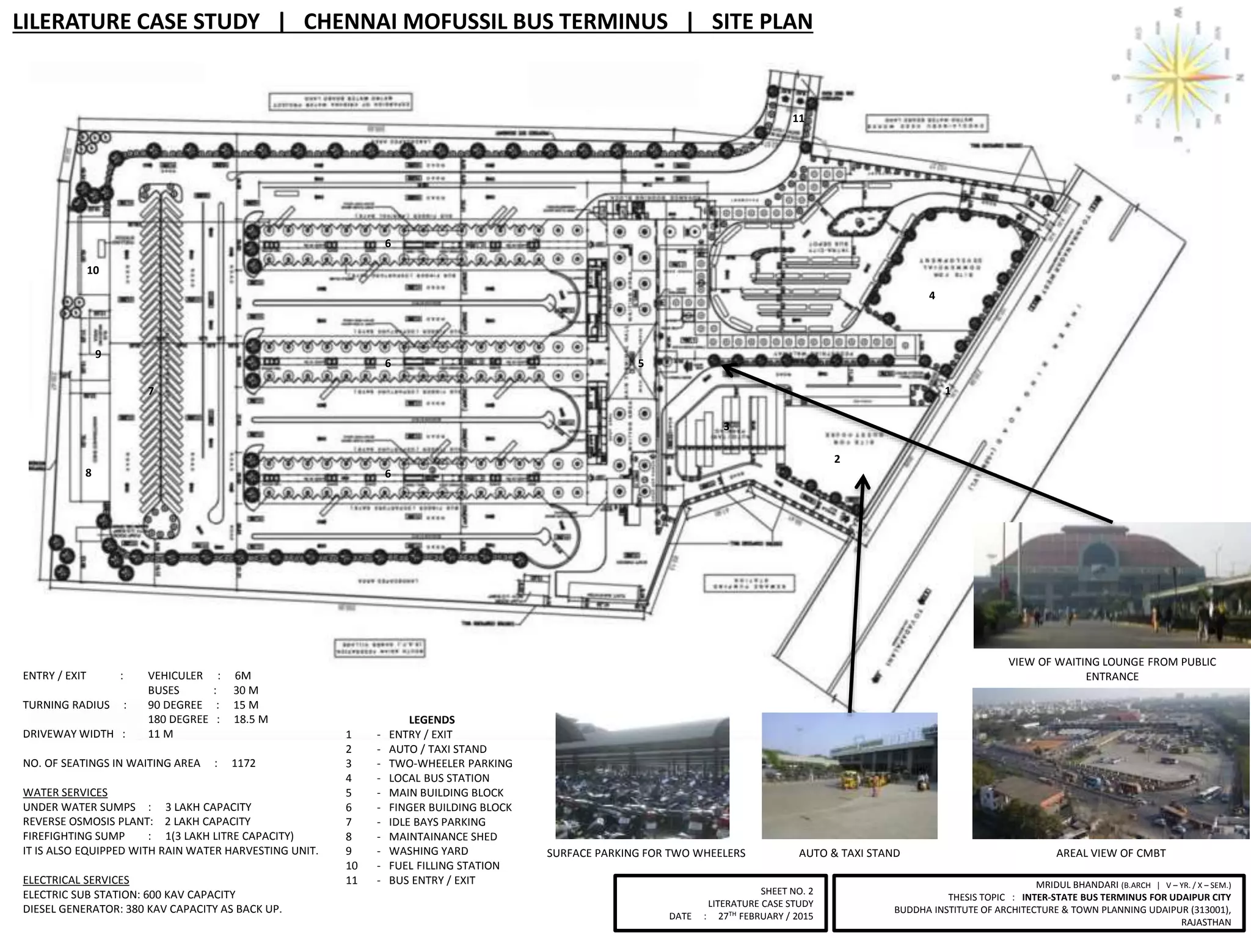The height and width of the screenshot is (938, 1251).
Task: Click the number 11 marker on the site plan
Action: (798, 118)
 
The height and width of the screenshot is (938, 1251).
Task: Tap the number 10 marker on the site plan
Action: (93, 270)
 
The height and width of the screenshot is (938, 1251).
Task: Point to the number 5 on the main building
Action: (641, 363)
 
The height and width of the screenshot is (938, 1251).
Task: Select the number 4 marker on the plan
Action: (932, 296)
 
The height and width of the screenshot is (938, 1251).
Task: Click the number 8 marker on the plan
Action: (89, 473)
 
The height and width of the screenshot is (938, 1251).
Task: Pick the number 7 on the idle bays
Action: (151, 391)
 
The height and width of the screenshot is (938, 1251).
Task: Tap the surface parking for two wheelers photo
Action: (642, 777)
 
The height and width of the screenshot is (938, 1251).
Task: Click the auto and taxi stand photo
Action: (849, 776)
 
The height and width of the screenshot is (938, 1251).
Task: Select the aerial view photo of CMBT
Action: (1111, 763)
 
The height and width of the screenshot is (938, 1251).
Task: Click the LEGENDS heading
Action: (432, 720)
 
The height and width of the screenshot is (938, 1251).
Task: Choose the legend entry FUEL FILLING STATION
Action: (444, 865)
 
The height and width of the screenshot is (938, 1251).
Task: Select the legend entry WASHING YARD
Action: (428, 851)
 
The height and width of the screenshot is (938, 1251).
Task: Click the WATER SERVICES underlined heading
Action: (65, 792)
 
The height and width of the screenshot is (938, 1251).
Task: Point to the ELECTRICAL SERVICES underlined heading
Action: (76, 880)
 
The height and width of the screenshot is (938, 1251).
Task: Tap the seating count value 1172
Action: (244, 763)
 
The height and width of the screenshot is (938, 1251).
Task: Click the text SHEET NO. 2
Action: (787, 891)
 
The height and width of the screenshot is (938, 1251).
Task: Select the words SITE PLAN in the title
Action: (762, 22)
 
